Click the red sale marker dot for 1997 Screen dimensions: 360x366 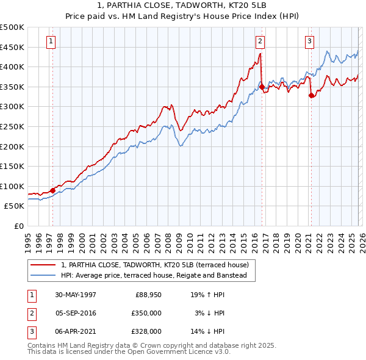(x=53, y=190)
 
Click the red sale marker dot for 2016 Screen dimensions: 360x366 (x=262, y=87)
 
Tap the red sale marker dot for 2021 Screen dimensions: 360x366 (x=311, y=95)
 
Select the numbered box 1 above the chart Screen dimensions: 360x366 (x=50, y=41)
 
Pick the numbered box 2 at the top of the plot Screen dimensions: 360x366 (x=260, y=41)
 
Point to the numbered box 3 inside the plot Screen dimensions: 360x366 (x=309, y=41)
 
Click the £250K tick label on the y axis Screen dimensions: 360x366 (x=12, y=126)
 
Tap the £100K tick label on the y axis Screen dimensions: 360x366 (x=12, y=186)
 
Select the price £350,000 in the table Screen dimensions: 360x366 (x=146, y=313)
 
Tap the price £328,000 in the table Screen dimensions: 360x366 (x=146, y=331)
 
